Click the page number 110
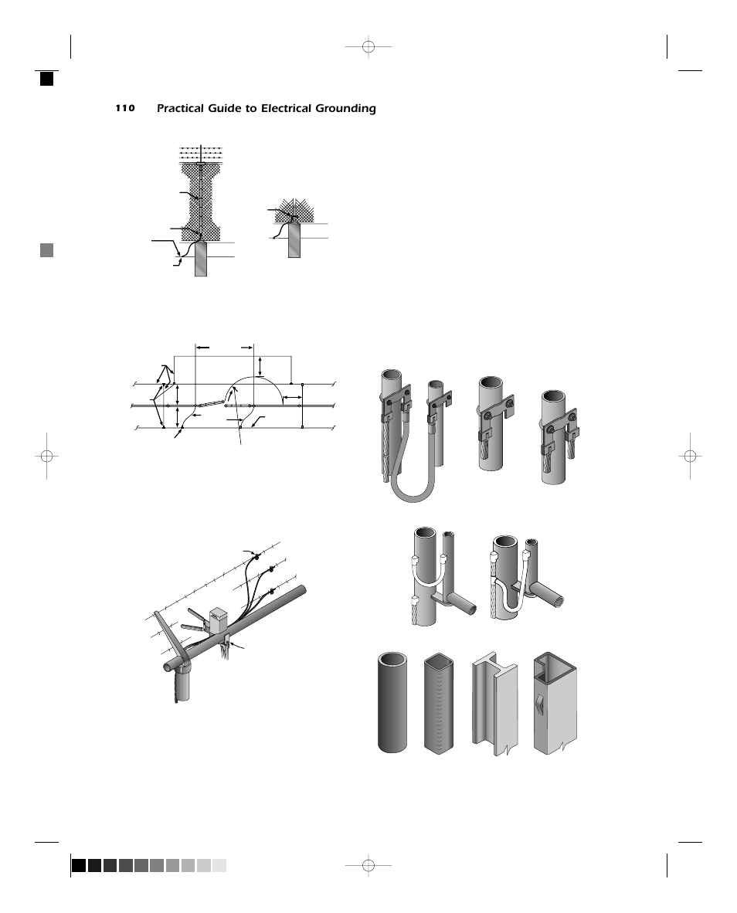point(125,108)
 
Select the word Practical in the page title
point(182,109)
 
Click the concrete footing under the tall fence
point(201,260)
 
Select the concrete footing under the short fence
point(294,240)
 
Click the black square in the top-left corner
point(47,78)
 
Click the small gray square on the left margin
point(47,249)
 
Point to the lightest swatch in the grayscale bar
point(219,866)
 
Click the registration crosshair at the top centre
point(368,47)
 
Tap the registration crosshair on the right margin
point(691,456)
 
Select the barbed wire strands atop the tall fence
point(201,152)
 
